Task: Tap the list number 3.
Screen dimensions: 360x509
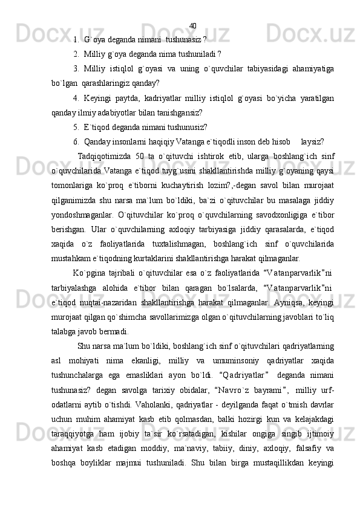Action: (x=76, y=68)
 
